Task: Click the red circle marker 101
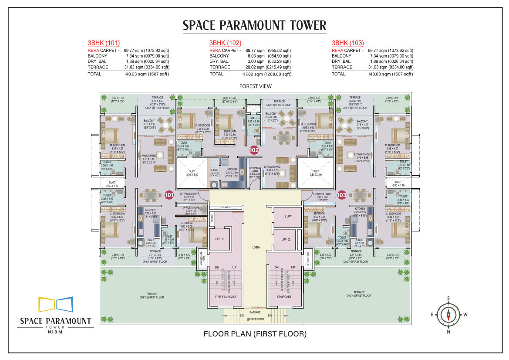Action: (x=169, y=195)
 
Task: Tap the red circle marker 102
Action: (x=254, y=150)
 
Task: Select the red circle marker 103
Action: (x=341, y=195)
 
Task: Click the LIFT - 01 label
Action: (x=220, y=239)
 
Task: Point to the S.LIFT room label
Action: (x=288, y=217)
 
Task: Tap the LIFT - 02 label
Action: (x=286, y=239)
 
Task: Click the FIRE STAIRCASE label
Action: (x=226, y=297)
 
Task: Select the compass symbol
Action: (x=448, y=314)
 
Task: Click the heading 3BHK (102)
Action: (x=225, y=43)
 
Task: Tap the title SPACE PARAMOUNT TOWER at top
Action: (x=255, y=25)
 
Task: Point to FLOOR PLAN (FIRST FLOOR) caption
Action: (x=255, y=334)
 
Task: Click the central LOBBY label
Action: (x=256, y=248)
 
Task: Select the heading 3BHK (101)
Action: (x=103, y=43)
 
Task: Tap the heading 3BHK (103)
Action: (x=347, y=43)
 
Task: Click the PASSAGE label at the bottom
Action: (x=256, y=312)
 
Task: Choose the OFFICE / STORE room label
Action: (x=191, y=207)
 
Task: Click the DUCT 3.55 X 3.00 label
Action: (x=316, y=173)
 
